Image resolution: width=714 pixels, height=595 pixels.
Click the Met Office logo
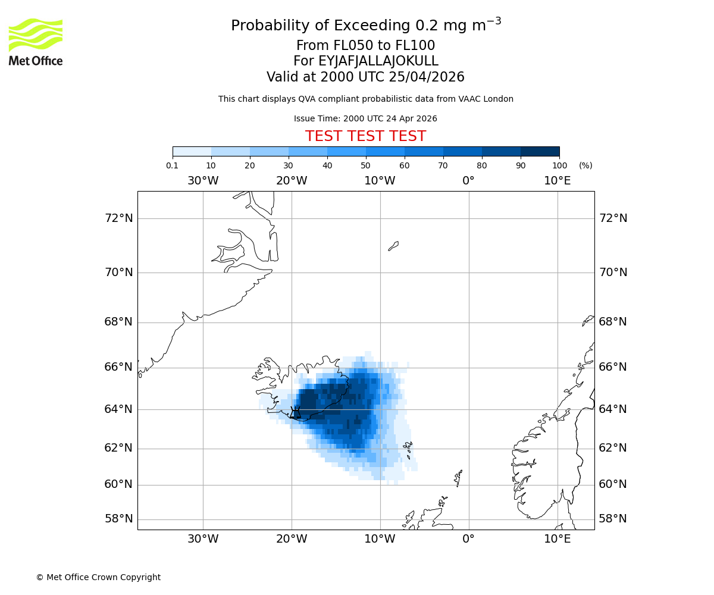tap(36, 42)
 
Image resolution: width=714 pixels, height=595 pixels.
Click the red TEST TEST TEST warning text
tap(365, 137)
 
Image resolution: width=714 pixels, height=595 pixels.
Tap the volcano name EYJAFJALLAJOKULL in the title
tap(365, 61)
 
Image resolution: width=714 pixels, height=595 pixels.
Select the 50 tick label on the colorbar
tap(365, 166)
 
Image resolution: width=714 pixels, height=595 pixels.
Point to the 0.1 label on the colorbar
tap(172, 166)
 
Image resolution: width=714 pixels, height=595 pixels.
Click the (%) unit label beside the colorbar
tap(585, 166)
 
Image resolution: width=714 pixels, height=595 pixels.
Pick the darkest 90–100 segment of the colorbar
tap(540, 152)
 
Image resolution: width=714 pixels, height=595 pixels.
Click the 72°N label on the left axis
tap(119, 218)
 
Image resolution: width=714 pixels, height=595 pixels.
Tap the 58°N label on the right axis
tap(613, 519)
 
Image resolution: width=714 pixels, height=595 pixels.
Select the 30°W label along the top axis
tap(203, 181)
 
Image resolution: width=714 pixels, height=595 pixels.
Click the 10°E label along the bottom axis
tap(558, 540)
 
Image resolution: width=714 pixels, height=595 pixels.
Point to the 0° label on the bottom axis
tap(469, 540)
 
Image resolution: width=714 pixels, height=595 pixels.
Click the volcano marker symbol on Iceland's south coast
tap(295, 412)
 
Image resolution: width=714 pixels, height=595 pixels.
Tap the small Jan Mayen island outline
tap(393, 246)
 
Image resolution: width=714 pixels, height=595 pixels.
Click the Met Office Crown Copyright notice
tap(98, 578)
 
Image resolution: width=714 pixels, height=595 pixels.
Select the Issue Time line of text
tap(365, 119)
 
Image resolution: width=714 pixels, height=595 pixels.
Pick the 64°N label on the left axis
tap(119, 409)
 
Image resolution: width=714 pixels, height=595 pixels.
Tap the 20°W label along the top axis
tap(292, 181)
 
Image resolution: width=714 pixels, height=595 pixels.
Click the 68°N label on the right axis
tap(613, 322)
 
